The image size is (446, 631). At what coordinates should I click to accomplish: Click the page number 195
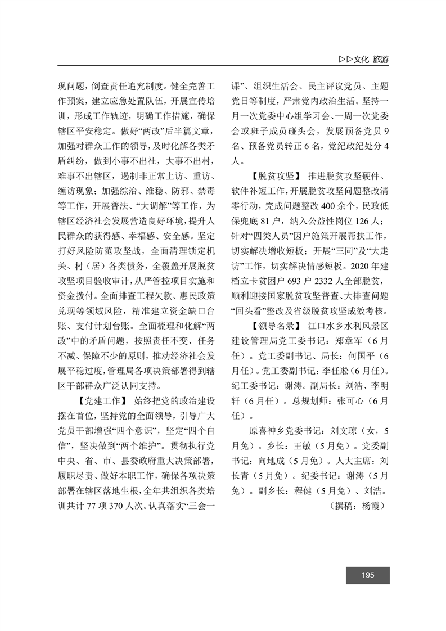(x=368, y=575)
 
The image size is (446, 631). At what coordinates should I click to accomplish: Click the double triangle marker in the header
(x=346, y=59)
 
